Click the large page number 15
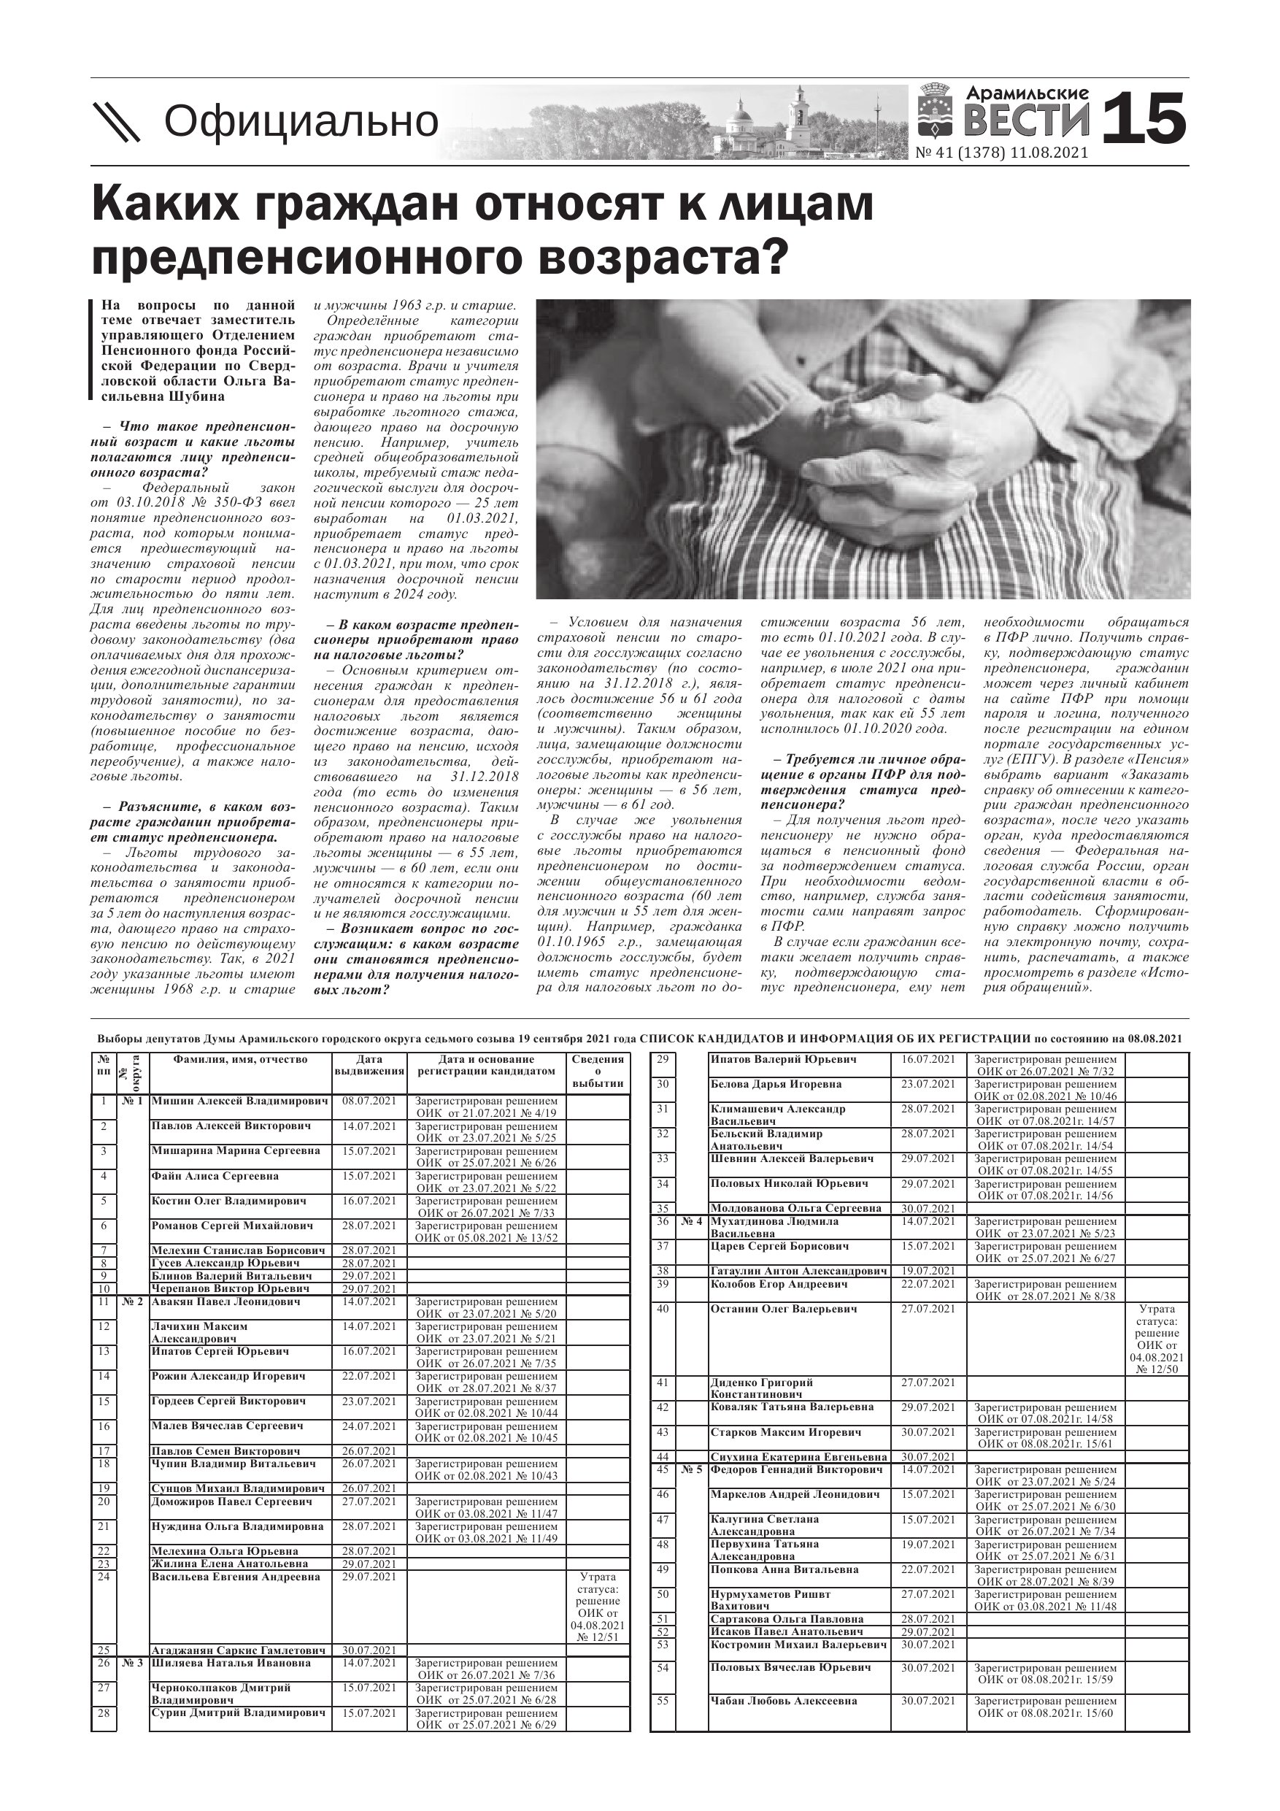coord(1144,118)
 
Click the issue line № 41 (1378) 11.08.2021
coord(1002,153)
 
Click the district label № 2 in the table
coord(133,1302)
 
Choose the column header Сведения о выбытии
coord(598,1071)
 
